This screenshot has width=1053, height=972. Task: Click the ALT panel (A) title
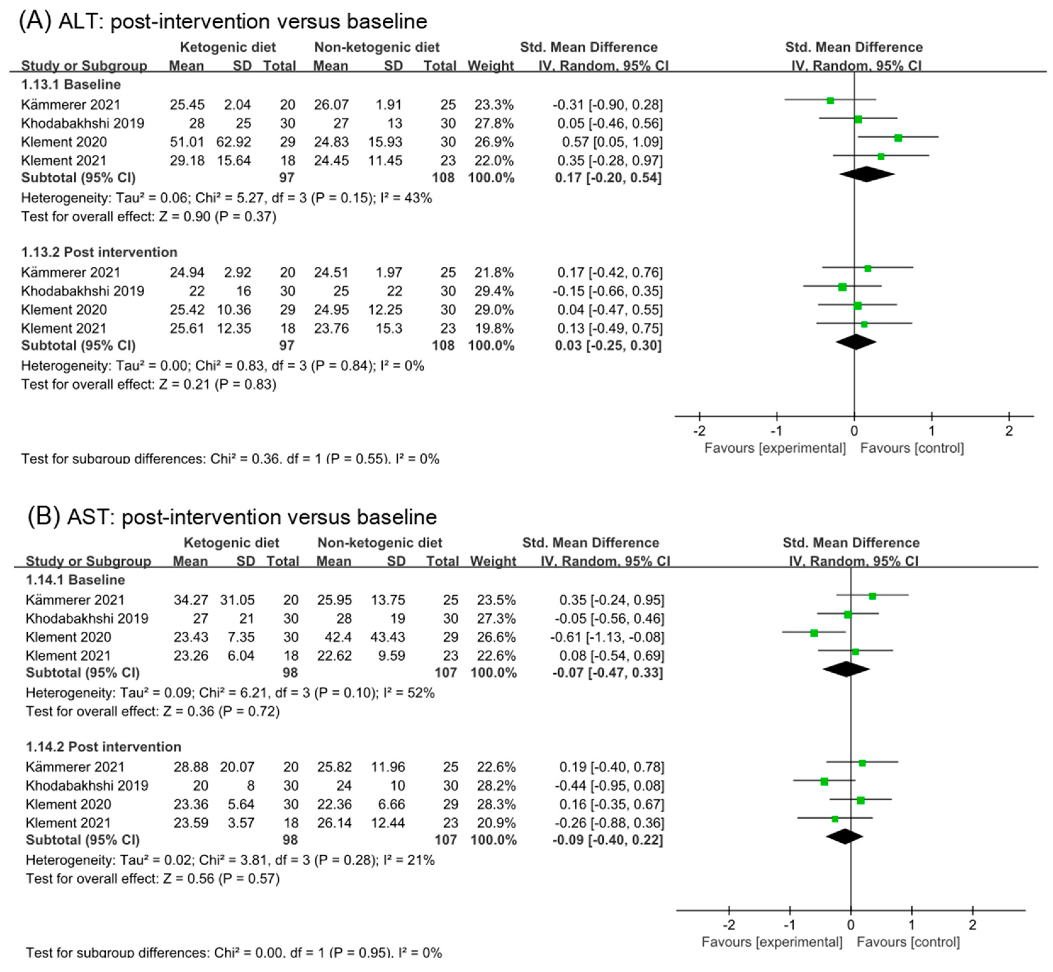[x=223, y=22]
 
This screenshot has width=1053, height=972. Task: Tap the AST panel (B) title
[x=232, y=517]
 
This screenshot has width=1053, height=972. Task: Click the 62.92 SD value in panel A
[x=234, y=142]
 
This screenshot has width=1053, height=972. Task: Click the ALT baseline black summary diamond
[x=867, y=174]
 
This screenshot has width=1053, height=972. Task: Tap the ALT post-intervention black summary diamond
[x=856, y=342]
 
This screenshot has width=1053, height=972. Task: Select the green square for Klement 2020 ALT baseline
[x=898, y=138]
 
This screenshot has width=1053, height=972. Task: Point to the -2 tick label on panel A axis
[x=699, y=431]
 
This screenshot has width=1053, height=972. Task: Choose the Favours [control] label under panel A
[x=912, y=448]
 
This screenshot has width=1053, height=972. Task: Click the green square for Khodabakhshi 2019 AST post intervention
[x=824, y=782]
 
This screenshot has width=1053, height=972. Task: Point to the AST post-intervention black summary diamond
[x=845, y=836]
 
